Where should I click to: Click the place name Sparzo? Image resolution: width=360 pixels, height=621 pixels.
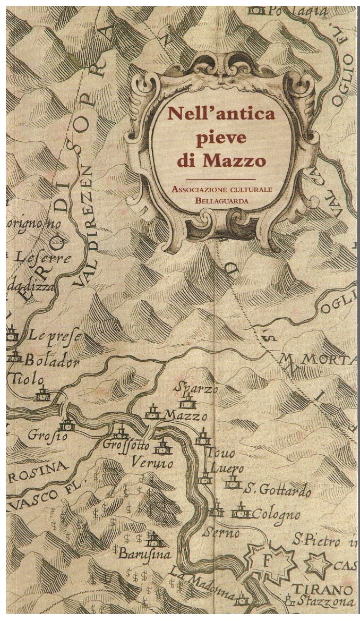coord(198,388)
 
